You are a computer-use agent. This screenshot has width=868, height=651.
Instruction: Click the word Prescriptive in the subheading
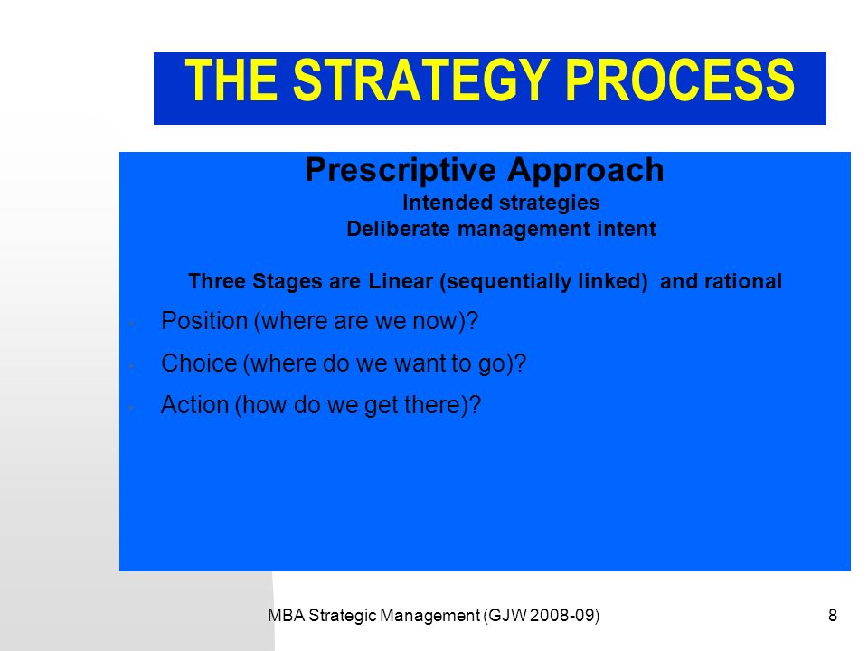[401, 170]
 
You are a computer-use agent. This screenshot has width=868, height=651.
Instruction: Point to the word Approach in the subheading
[586, 170]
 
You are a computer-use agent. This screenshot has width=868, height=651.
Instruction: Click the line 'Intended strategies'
[501, 203]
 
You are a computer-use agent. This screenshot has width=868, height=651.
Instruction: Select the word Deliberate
[398, 229]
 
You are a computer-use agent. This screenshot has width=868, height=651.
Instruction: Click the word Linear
[401, 281]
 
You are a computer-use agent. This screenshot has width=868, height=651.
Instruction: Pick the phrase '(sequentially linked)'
[543, 282]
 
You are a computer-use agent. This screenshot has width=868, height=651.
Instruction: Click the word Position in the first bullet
[204, 321]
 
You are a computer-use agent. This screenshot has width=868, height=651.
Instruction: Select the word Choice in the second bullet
[199, 363]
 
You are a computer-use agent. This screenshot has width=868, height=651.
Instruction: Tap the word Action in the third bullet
[195, 405]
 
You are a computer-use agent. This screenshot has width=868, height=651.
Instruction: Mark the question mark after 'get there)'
[475, 405]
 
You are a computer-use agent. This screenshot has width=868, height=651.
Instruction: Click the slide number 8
[833, 615]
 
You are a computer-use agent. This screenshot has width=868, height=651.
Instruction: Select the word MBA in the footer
[287, 616]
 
